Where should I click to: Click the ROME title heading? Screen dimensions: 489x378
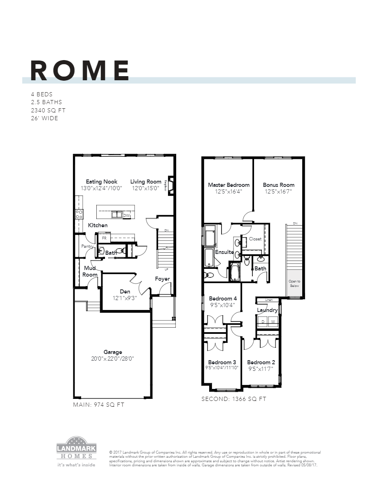tap(80, 71)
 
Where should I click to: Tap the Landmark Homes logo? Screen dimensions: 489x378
tap(76, 451)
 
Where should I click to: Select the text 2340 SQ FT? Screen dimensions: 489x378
tap(48, 110)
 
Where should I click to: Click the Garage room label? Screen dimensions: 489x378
tap(113, 352)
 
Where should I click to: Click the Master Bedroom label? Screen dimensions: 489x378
tap(229, 185)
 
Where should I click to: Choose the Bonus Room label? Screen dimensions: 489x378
tap(279, 185)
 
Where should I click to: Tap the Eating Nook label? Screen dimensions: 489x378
tap(101, 182)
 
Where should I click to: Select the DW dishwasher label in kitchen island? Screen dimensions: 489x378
tap(126, 215)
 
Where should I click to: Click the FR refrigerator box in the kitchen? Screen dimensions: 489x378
tap(104, 238)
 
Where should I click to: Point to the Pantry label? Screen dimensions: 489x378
tap(87, 246)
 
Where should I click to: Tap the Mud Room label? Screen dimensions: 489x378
tap(90, 271)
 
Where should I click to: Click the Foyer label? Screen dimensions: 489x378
tap(162, 279)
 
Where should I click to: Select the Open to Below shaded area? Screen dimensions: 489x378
tap(294, 284)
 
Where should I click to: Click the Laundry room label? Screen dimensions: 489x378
tap(267, 310)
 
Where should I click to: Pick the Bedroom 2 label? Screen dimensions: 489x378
tap(261, 362)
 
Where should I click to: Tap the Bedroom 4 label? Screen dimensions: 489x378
tap(223, 298)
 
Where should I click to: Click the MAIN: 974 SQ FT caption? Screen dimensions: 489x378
tap(98, 405)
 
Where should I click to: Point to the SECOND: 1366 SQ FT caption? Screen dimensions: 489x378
tap(233, 399)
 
